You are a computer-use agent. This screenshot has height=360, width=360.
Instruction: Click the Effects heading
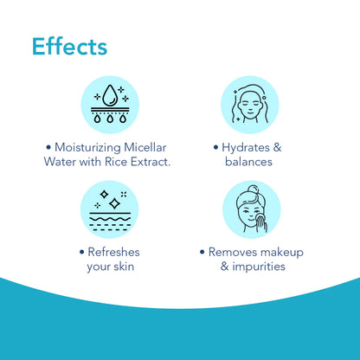(x=69, y=45)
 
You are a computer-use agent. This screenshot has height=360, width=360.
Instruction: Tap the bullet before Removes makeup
(x=202, y=252)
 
